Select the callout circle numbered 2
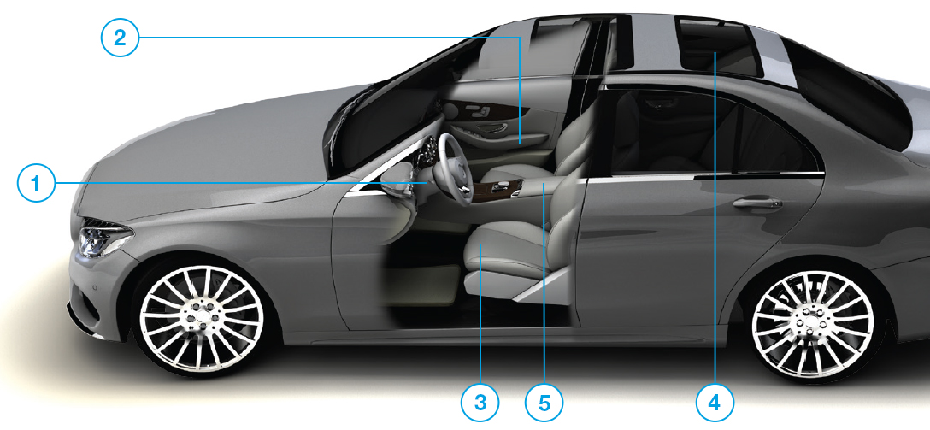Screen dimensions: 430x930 [x=120, y=37]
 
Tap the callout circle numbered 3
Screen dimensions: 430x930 [x=481, y=399]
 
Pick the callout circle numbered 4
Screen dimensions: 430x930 [x=715, y=399]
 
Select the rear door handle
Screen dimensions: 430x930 [x=756, y=203]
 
